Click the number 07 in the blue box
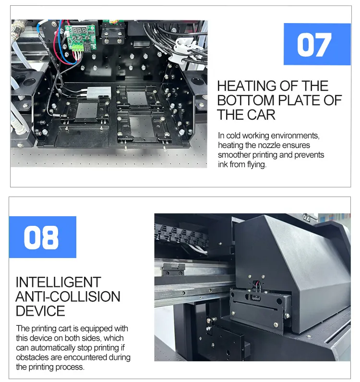314,45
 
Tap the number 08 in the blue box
41,237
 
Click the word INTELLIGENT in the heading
59,282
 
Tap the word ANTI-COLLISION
68,296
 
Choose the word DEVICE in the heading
40,311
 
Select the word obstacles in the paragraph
32,357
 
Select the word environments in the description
295,136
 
